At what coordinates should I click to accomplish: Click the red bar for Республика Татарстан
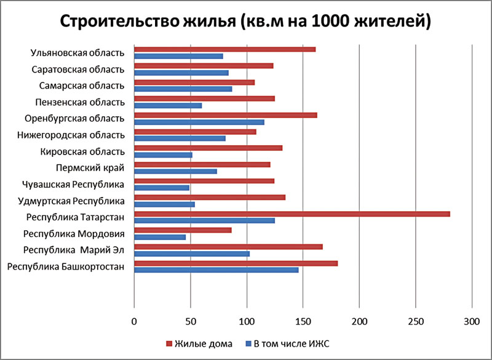click(292, 214)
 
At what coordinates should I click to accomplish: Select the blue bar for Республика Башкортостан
click(216, 270)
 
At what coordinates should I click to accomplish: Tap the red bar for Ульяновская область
click(224, 49)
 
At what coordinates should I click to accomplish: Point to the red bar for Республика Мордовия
click(183, 230)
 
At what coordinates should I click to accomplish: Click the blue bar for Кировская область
click(163, 155)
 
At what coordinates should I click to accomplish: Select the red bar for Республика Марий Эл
click(228, 247)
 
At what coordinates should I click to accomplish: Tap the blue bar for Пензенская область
click(168, 105)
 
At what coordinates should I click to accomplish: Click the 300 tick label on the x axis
click(472, 321)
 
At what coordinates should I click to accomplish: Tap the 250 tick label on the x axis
click(416, 321)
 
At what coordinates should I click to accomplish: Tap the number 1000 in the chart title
click(330, 22)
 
